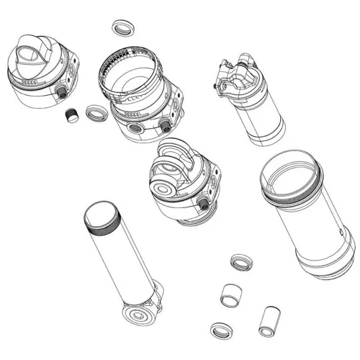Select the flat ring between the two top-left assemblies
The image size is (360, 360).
[x=96, y=112]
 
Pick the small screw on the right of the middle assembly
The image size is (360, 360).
[x=203, y=205]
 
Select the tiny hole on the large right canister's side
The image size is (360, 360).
[x=341, y=233]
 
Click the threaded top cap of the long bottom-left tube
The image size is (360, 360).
[x=101, y=217]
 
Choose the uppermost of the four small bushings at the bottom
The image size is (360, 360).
[x=240, y=261]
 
